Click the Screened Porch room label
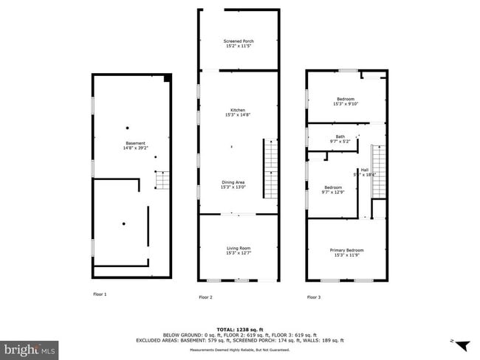tap(238, 44)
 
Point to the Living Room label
tap(238, 251)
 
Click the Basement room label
tap(135, 145)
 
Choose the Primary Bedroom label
tap(346, 252)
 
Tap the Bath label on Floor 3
tap(340, 139)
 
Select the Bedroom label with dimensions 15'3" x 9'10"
tap(346, 101)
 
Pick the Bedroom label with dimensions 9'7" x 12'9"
tap(335, 190)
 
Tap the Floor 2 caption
tap(205, 297)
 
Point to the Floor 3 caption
tap(314, 297)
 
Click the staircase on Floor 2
tap(270, 170)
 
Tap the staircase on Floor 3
tap(378, 171)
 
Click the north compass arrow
tap(462, 345)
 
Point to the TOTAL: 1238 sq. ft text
tap(238, 328)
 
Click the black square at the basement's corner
tap(168, 77)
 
